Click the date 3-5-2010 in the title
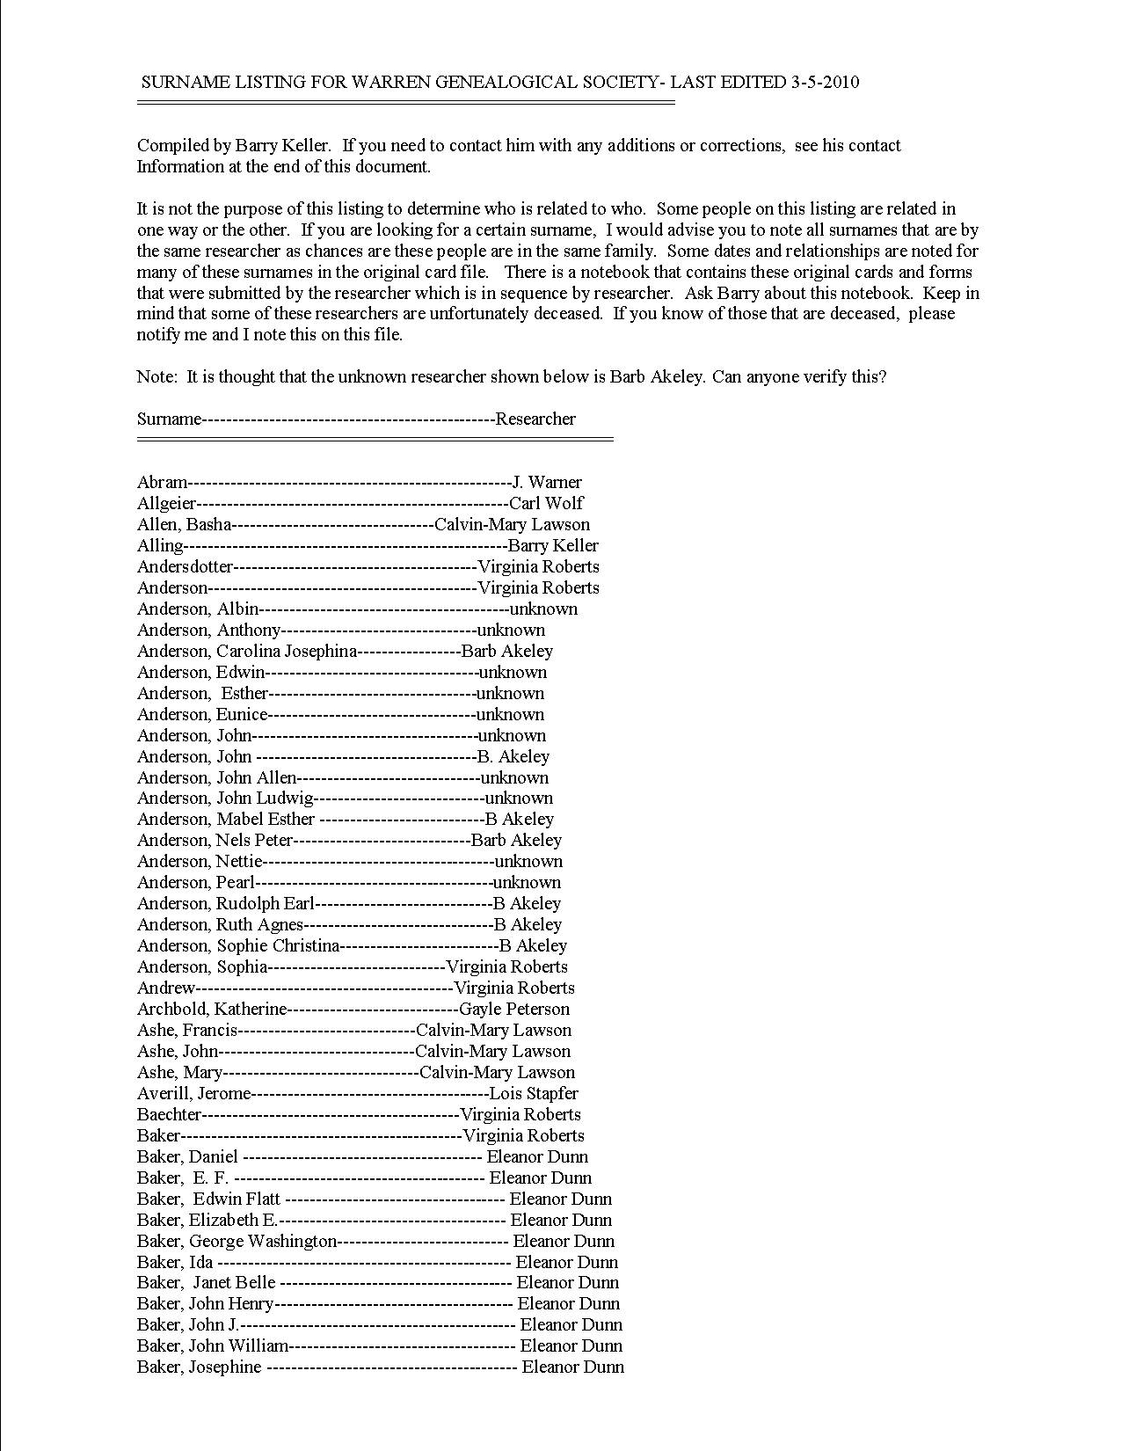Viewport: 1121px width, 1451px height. [825, 83]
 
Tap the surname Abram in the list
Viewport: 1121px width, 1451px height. [163, 482]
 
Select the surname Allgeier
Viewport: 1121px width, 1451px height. [167, 503]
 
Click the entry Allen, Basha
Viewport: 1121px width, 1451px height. [185, 524]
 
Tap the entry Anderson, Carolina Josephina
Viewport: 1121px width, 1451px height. [247, 651]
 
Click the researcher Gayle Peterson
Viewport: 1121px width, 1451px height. [514, 1009]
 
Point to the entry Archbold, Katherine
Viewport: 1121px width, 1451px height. [212, 1009]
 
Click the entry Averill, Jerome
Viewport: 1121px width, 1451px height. [194, 1093]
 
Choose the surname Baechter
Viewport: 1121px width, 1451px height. [170, 1114]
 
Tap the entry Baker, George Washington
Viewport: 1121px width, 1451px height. [237, 1241]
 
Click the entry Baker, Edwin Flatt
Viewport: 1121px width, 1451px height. [209, 1199]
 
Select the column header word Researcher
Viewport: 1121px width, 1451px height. [535, 419]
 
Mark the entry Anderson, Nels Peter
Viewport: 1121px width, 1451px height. [215, 840]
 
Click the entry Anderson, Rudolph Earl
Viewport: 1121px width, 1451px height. [225, 903]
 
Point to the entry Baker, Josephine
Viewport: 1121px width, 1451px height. [200, 1367]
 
